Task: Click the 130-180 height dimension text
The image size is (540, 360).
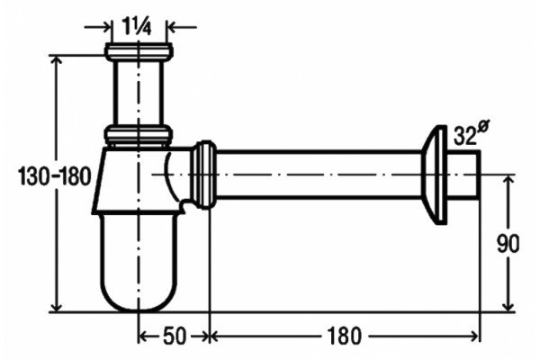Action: tap(54, 175)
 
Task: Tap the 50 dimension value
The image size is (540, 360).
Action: tap(175, 336)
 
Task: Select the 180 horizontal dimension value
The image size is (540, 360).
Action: tap(344, 336)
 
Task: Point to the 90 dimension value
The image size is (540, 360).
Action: tap(508, 244)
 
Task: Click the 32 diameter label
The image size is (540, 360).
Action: tap(465, 135)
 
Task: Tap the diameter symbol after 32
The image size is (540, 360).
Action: tap(483, 126)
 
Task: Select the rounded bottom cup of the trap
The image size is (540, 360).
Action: tap(139, 262)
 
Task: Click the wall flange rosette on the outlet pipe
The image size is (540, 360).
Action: tap(435, 175)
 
